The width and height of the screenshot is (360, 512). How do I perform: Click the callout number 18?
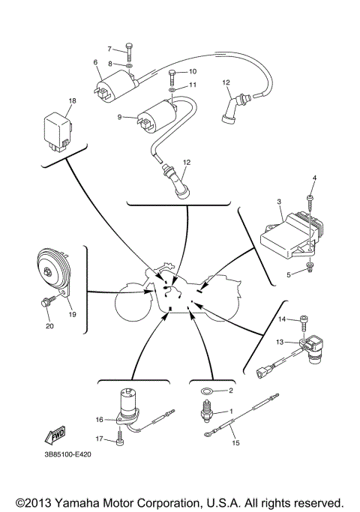pyautogui.click(x=73, y=100)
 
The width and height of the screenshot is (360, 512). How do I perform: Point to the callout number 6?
pyautogui.click(x=95, y=61)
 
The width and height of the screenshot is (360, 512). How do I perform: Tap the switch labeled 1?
pyautogui.click(x=205, y=413)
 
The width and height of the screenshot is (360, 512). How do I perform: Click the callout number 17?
pyautogui.click(x=98, y=440)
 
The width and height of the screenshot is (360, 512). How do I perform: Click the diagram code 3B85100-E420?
pyautogui.click(x=62, y=456)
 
